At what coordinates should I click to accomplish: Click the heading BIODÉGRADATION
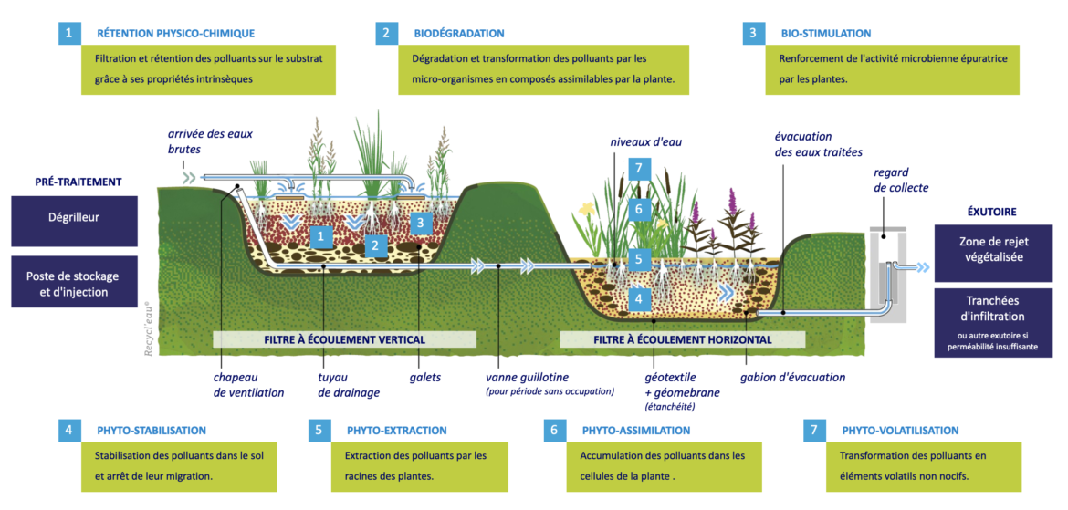tap(458, 34)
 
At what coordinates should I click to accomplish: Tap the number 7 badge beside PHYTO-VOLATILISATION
tap(814, 430)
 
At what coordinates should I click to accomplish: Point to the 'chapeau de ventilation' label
tap(249, 385)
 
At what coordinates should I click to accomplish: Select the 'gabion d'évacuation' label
tap(792, 377)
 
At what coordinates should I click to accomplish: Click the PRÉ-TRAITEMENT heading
tap(79, 182)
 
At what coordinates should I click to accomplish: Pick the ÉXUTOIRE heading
tap(992, 211)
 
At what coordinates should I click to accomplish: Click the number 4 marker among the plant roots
tap(639, 297)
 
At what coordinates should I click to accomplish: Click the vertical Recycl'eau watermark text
tap(148, 325)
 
